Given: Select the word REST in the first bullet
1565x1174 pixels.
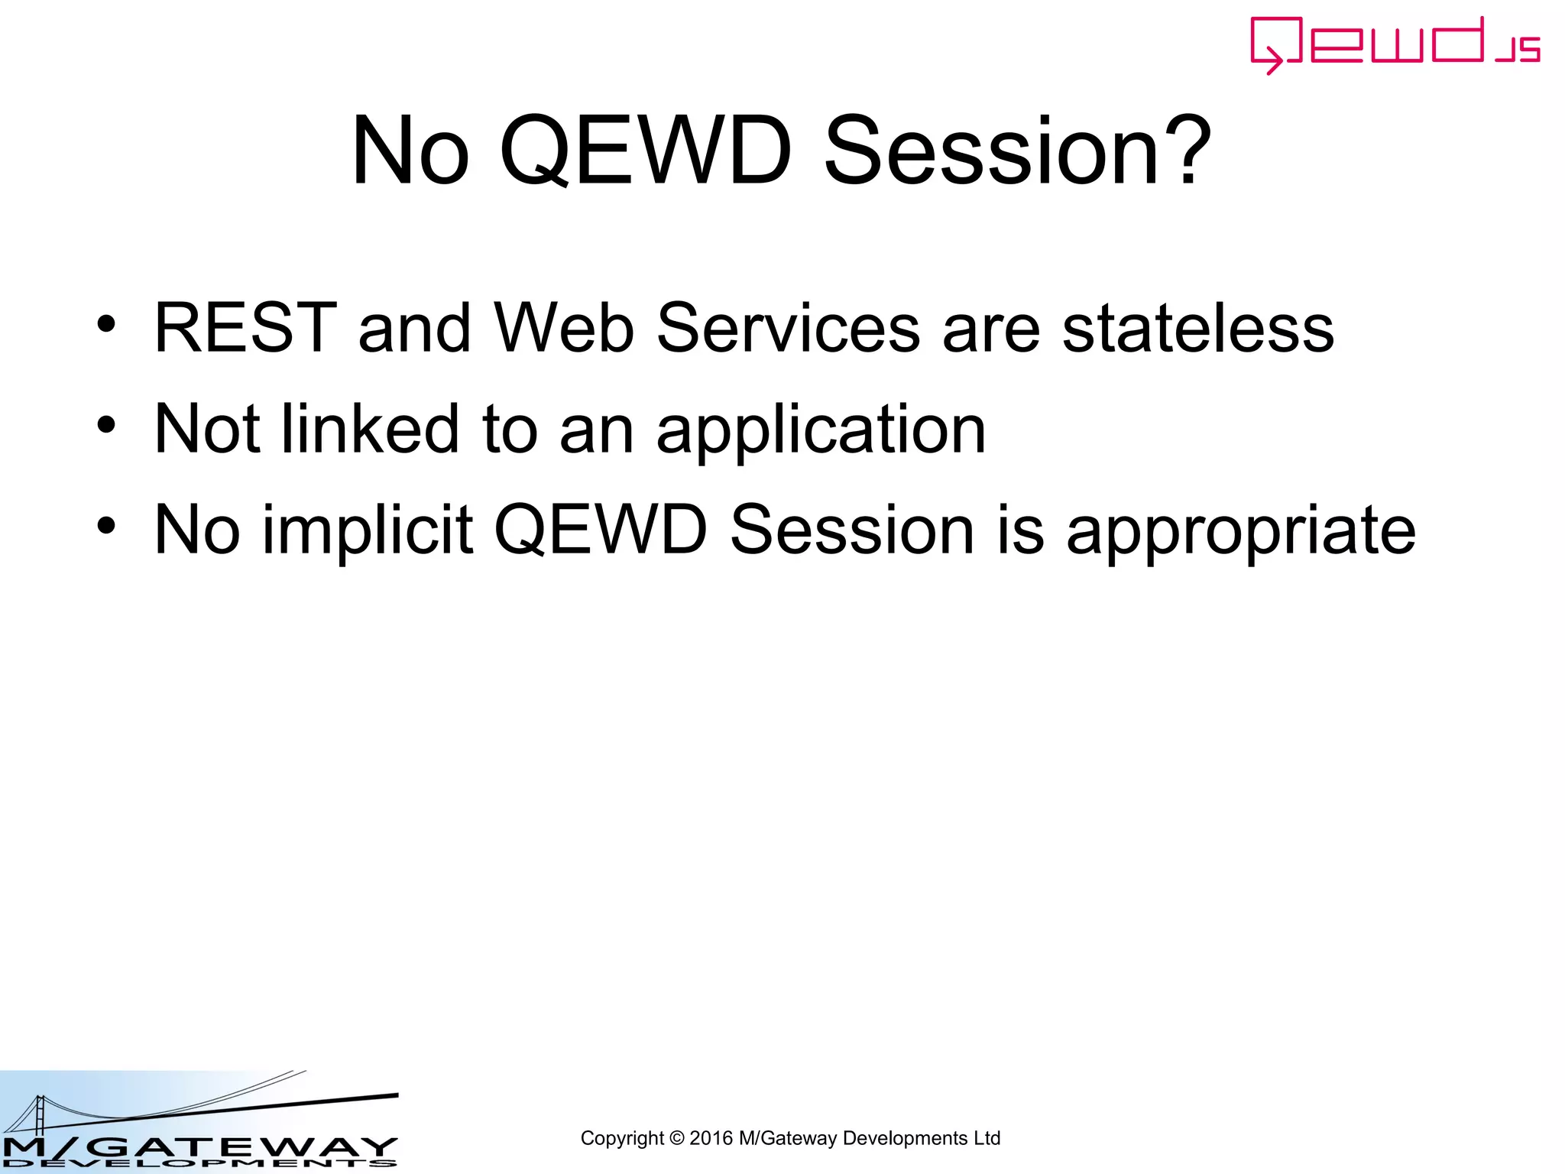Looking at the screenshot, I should click(x=245, y=328).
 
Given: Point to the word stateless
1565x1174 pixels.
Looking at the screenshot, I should click(x=1197, y=328).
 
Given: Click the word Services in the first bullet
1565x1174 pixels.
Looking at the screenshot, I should click(x=788, y=328).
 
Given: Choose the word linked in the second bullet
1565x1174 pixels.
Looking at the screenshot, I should click(x=371, y=429).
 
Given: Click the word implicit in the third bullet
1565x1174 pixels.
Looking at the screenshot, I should click(x=368, y=530).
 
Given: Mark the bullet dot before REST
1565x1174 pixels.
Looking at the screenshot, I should click(x=106, y=324).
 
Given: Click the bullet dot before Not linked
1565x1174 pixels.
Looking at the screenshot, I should click(x=106, y=425).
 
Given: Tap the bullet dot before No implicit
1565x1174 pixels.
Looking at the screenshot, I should click(x=106, y=526).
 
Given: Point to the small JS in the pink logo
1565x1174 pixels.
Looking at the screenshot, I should click(x=1518, y=50).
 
